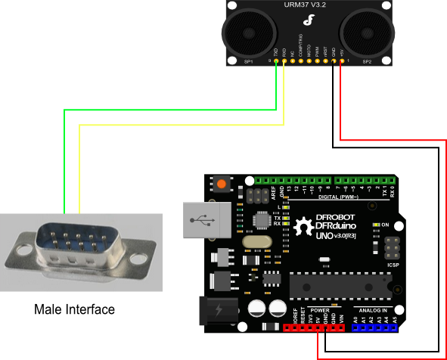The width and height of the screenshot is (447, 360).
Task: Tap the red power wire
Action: [442, 250]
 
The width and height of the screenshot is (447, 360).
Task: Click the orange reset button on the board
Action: [222, 184]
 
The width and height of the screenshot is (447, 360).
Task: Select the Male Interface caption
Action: [75, 309]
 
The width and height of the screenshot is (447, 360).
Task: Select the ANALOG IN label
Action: [372, 310]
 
